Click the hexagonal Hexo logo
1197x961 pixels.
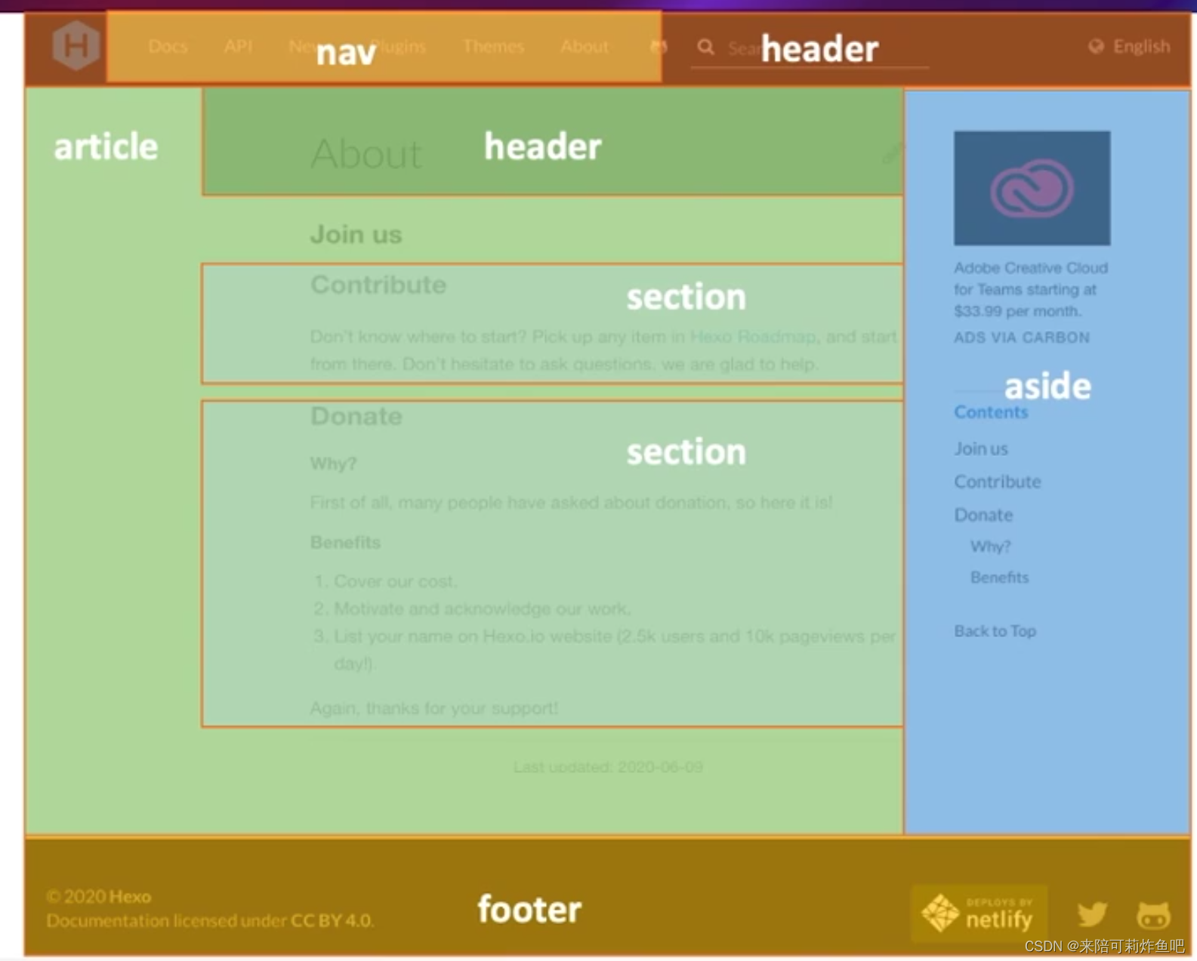click(x=76, y=45)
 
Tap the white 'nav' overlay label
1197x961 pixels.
click(x=345, y=53)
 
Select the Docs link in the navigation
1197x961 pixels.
click(x=168, y=47)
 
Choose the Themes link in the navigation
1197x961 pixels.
click(x=493, y=47)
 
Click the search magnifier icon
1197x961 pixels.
click(x=705, y=48)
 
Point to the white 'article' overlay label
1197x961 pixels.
click(x=106, y=146)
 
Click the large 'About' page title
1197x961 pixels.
click(x=366, y=154)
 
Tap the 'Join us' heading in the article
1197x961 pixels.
click(x=356, y=235)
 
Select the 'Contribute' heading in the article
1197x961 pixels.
click(x=378, y=285)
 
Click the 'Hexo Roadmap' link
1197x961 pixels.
click(x=753, y=337)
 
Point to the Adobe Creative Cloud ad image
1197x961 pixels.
click(x=1032, y=188)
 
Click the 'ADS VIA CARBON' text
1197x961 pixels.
click(x=1021, y=337)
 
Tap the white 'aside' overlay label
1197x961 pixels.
click(x=1047, y=387)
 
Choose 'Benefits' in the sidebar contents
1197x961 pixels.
click(x=999, y=578)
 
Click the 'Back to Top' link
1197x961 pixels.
click(x=995, y=631)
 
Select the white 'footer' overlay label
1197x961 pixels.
click(x=529, y=909)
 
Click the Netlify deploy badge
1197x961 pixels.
click(x=980, y=913)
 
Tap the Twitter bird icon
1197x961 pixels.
click(x=1092, y=914)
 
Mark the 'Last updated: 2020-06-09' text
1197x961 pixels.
click(x=608, y=767)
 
